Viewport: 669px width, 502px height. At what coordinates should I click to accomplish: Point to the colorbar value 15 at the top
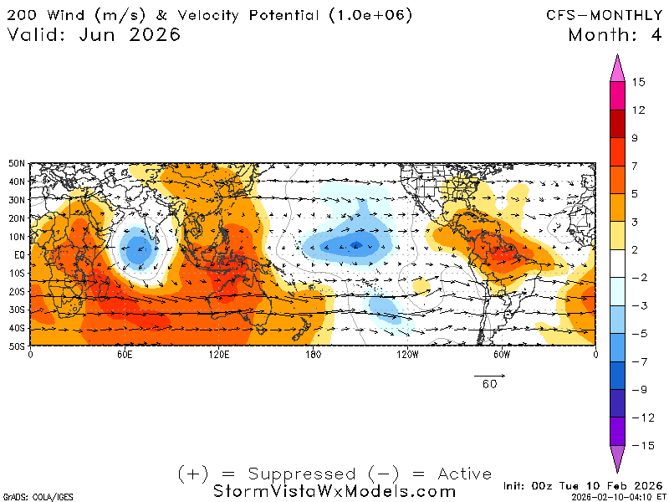[x=638, y=82]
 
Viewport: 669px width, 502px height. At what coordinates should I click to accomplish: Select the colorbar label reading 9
[x=636, y=138]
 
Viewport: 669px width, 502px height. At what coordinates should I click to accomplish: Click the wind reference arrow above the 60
[x=489, y=373]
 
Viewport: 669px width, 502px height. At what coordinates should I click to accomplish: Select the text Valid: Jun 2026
[x=94, y=35]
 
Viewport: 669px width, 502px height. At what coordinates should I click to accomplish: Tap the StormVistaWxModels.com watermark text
[x=334, y=491]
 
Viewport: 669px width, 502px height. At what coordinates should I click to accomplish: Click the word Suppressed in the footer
[x=308, y=474]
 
